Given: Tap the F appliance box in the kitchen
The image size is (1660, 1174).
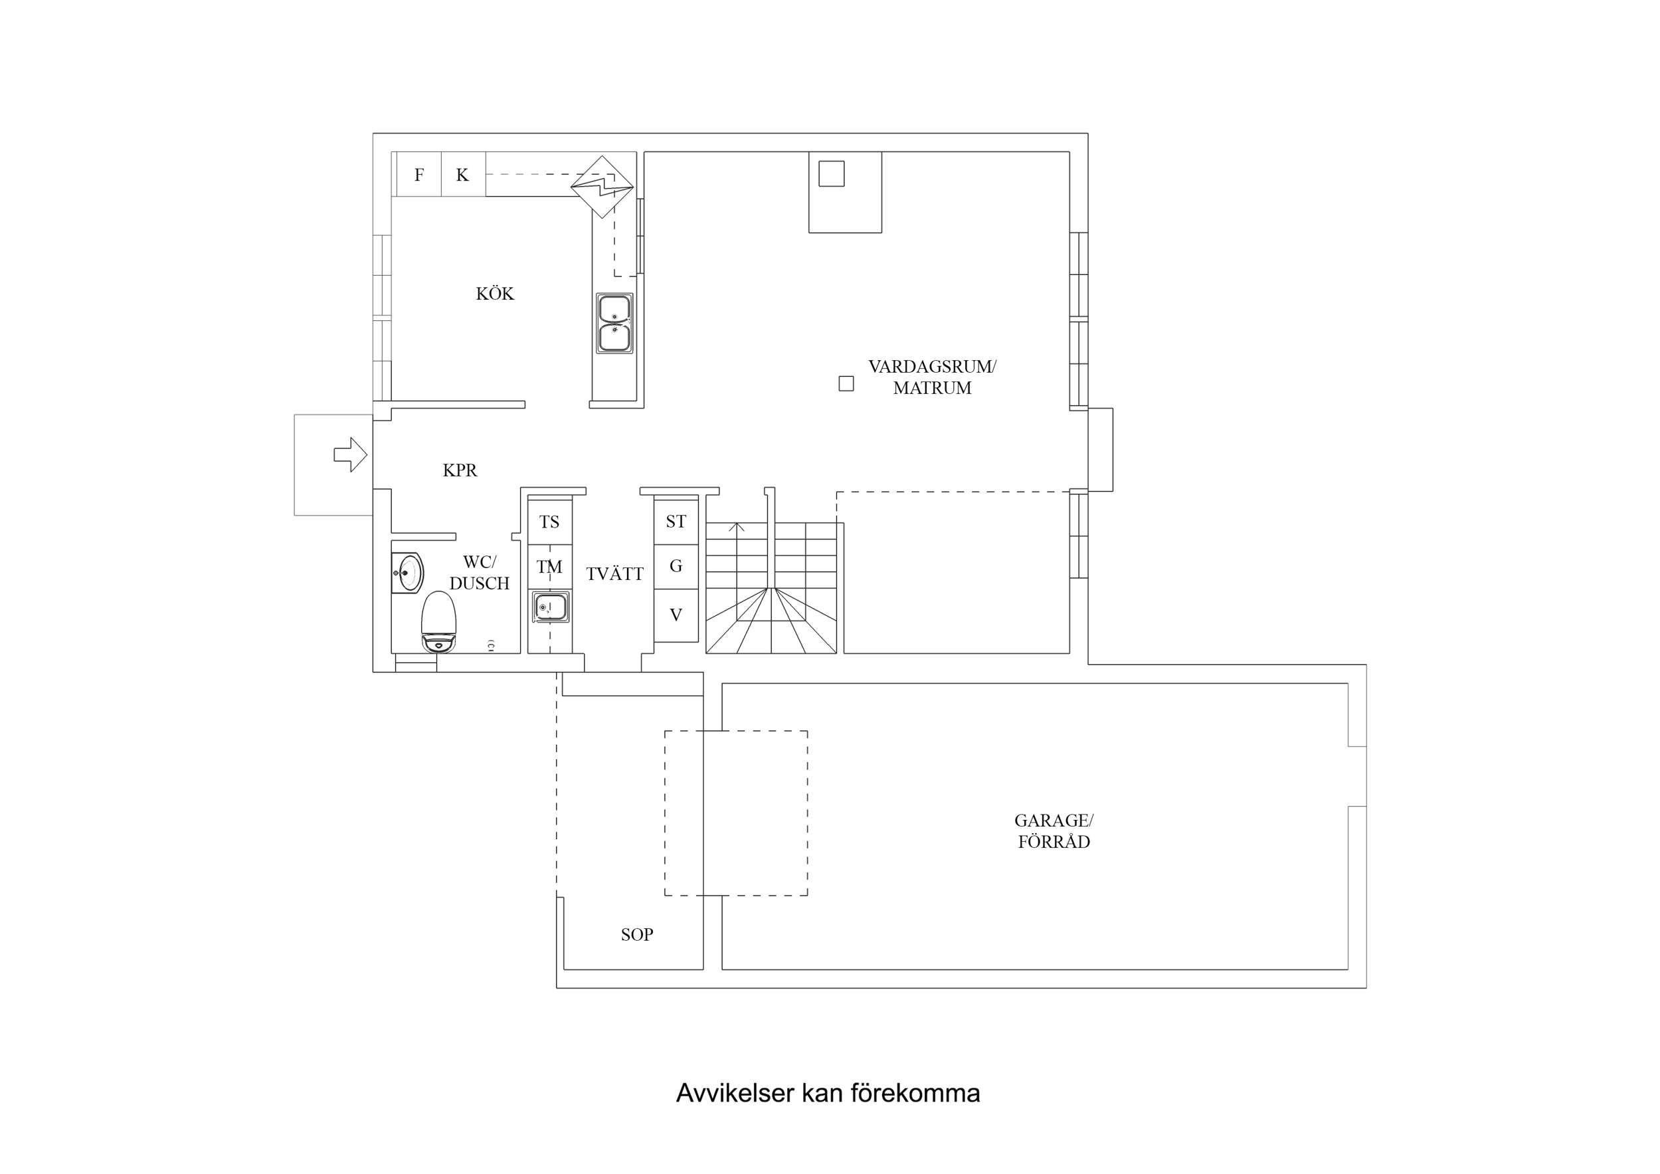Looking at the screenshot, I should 418,174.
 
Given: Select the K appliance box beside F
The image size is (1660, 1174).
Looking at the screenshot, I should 463,174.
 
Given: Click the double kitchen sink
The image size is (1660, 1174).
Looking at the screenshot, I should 614,323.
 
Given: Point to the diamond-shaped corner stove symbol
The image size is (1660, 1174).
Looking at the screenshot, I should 602,187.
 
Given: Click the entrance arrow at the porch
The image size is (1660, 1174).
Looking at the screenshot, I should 350,455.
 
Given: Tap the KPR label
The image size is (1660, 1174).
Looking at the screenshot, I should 460,470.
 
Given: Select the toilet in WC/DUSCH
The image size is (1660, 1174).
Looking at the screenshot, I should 438,622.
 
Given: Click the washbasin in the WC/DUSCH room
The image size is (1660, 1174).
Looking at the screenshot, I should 408,573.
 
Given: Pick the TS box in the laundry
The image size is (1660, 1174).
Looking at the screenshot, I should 549,522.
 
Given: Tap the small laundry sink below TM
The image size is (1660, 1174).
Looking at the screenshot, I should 550,606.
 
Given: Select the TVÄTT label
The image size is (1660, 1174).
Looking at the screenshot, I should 614,574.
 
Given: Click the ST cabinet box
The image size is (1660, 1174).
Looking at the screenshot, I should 676,521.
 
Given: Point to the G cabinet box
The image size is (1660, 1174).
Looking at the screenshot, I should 676,565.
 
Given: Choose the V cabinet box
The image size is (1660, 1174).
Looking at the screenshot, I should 676,615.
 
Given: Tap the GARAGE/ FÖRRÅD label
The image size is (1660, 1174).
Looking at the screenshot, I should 1054,831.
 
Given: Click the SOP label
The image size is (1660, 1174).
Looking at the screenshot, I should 636,935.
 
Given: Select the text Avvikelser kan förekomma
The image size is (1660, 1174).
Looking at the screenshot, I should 828,1093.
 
